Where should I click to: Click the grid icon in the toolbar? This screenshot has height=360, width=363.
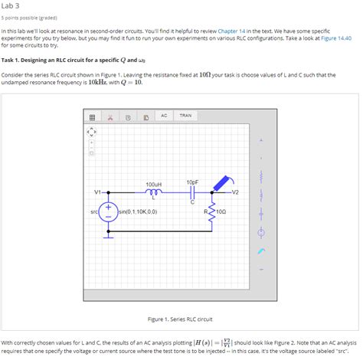91,117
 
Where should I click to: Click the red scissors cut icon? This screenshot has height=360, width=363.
110,117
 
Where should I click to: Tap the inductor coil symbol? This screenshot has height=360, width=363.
154,192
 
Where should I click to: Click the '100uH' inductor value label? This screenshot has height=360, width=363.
153,185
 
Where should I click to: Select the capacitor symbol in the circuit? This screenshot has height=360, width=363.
192,192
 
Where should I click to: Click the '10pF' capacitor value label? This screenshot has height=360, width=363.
192,182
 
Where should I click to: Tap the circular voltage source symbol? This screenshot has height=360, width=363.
109,211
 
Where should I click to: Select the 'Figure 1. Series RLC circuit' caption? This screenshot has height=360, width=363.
180,319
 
